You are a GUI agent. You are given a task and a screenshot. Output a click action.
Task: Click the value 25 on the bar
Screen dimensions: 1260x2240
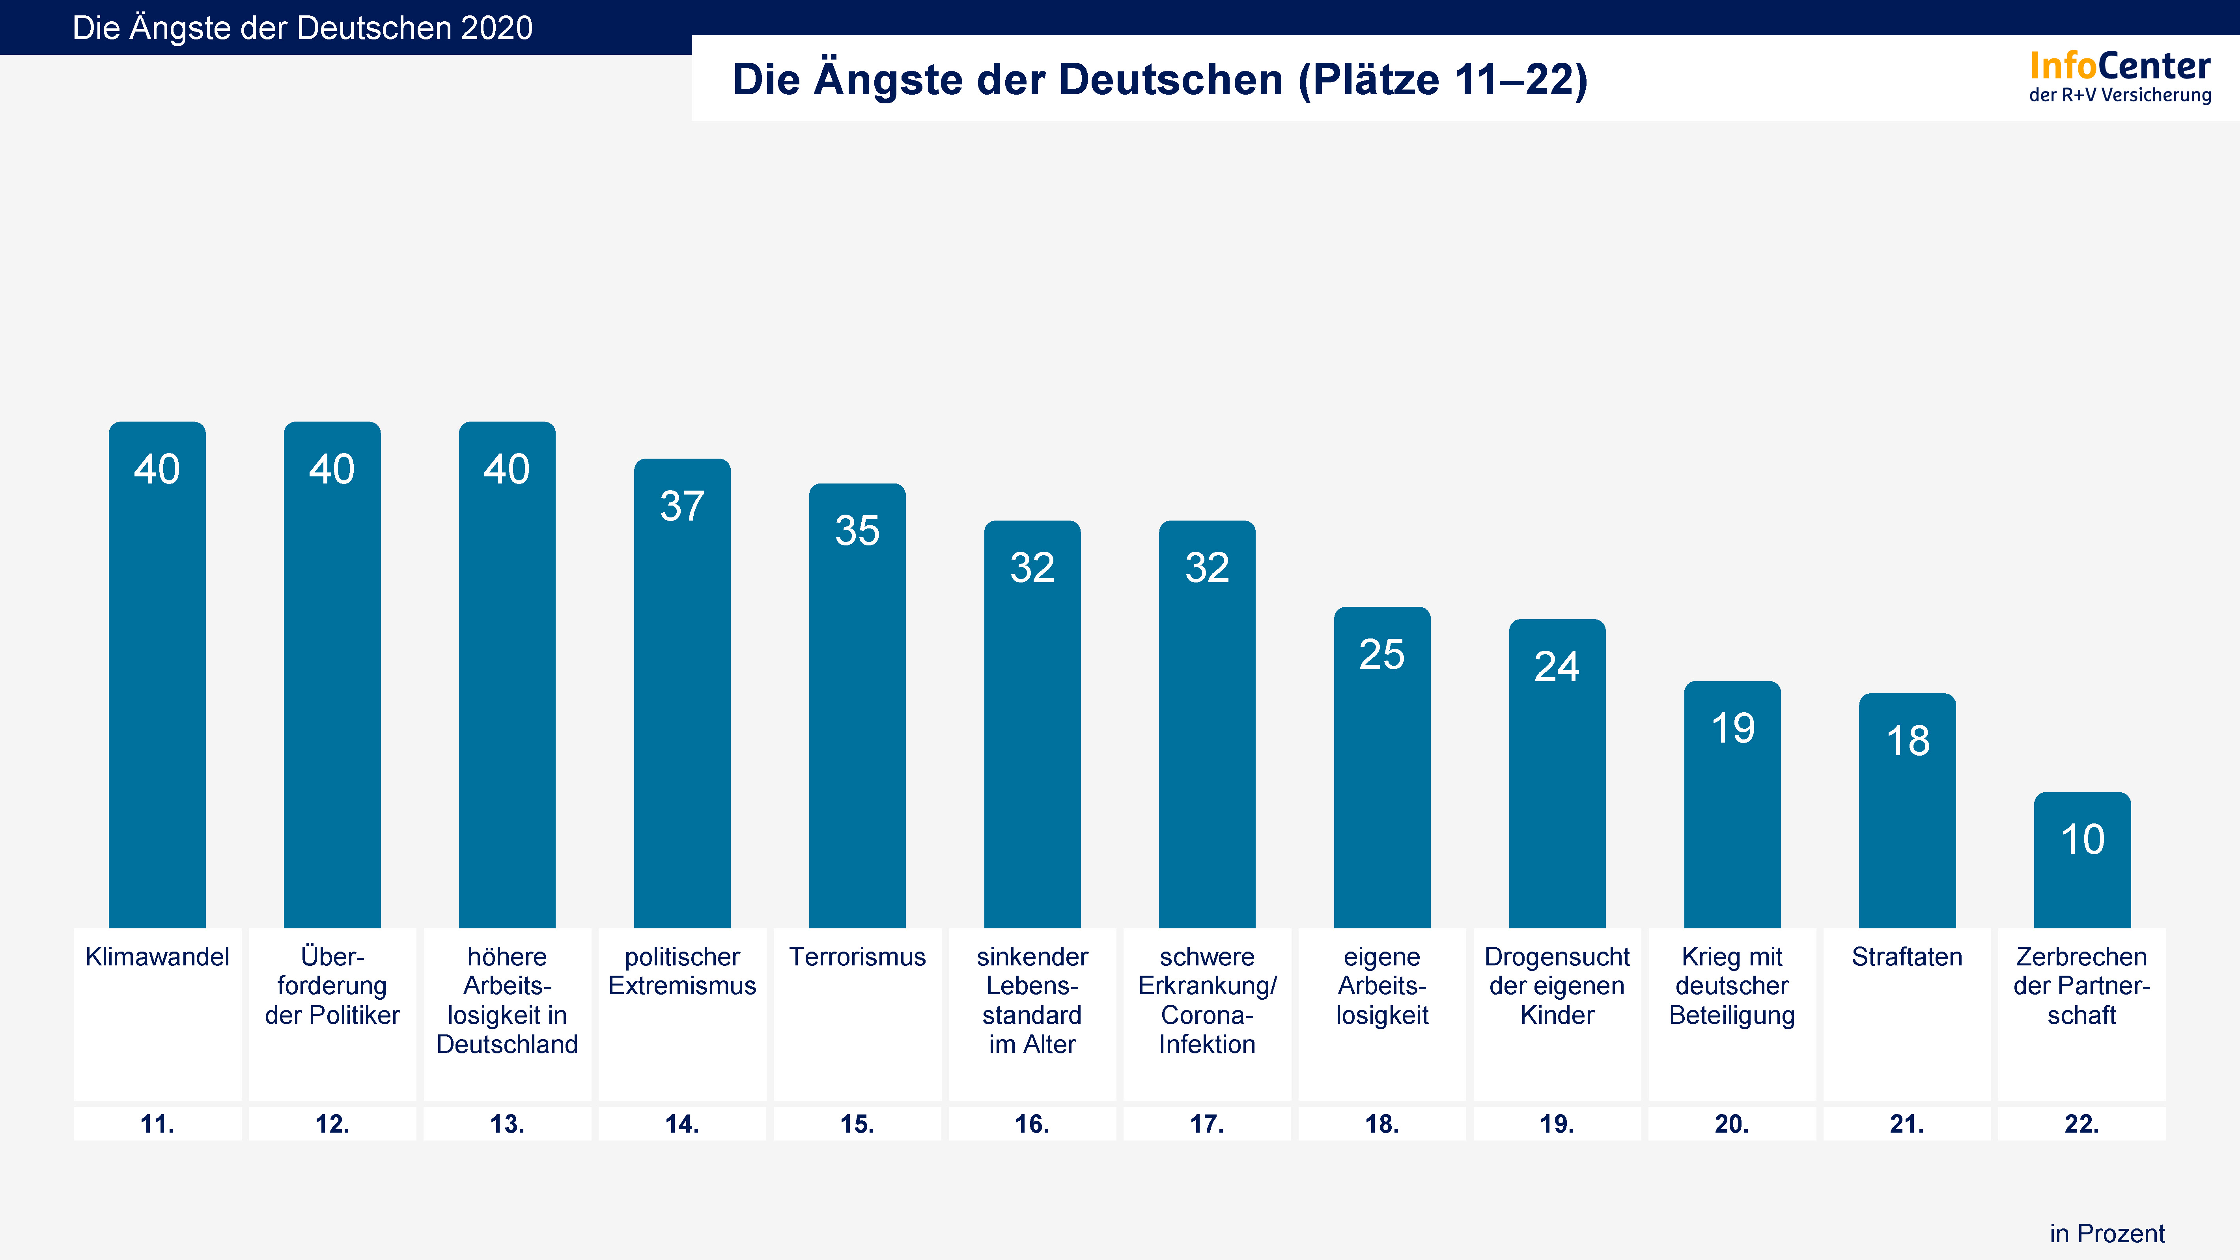coord(1382,655)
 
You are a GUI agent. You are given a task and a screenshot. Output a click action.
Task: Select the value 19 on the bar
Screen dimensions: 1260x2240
coord(1732,729)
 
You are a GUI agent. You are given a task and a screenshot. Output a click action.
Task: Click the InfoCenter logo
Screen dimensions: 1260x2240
coord(2120,77)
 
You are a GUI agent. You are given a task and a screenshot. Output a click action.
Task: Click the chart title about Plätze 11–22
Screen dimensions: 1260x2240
coord(1160,79)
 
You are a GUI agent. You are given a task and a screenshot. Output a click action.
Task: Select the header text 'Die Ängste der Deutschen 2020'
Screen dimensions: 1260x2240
coord(302,28)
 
